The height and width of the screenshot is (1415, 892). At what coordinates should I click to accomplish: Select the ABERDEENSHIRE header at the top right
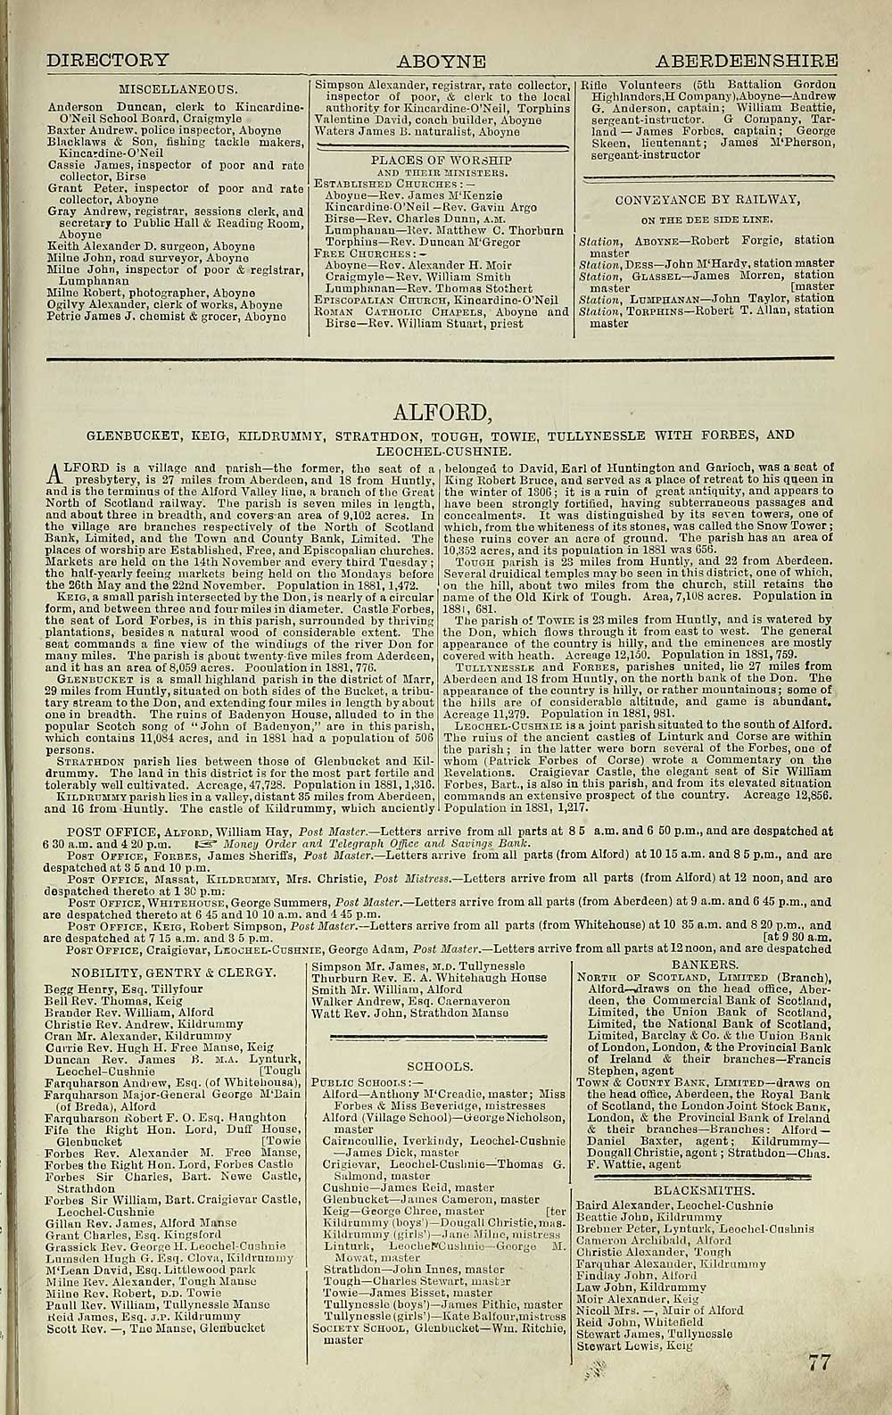(x=747, y=61)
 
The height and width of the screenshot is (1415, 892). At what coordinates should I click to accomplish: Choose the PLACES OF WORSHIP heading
(x=441, y=161)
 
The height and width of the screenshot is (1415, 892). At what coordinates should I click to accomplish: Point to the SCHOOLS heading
(x=439, y=1066)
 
